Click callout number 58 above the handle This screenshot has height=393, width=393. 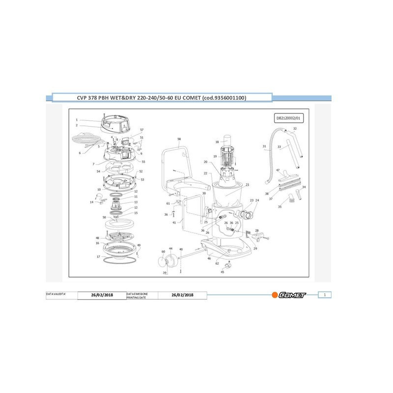pyautogui.click(x=179, y=140)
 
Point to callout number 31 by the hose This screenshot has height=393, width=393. pyautogui.click(x=264, y=146)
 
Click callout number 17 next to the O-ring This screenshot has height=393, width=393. pyautogui.click(x=98, y=256)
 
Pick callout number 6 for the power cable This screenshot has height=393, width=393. pyautogui.click(x=80, y=153)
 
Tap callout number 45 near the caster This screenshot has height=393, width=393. pyautogui.click(x=222, y=272)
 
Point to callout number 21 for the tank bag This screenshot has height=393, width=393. pyautogui.click(x=248, y=185)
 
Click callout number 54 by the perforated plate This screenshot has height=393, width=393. pyautogui.click(x=99, y=171)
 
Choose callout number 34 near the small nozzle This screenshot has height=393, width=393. pyautogui.click(x=304, y=187)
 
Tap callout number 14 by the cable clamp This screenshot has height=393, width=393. pyautogui.click(x=91, y=202)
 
